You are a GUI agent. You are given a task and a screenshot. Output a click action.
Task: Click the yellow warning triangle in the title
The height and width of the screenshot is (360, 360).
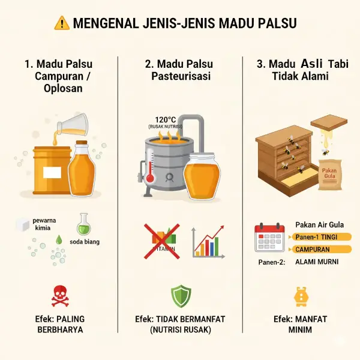point(62,23)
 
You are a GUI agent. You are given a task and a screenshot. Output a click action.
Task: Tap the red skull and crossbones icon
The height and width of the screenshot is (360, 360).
point(60,296)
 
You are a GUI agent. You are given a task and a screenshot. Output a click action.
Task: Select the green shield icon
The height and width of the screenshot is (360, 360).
point(181,296)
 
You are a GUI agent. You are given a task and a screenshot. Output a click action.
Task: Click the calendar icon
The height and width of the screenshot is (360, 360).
point(269,237)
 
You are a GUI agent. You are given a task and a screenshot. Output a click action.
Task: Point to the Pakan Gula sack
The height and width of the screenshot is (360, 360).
point(330,175)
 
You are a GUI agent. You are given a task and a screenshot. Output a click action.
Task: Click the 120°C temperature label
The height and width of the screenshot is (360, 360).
point(166,119)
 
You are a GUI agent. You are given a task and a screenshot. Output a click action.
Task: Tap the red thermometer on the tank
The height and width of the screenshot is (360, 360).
point(150,166)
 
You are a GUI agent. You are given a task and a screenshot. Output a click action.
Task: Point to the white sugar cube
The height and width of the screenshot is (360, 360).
point(23,225)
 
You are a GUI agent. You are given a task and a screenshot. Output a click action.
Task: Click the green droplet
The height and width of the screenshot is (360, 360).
point(59,239)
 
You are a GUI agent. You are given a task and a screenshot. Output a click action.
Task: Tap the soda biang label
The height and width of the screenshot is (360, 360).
point(85,242)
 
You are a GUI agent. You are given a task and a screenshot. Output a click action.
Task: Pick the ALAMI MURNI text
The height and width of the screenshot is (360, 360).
point(317,262)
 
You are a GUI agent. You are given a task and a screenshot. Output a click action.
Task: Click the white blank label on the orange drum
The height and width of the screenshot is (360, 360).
point(52,172)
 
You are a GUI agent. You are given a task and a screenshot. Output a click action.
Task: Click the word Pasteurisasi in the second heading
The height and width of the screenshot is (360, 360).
point(181,76)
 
